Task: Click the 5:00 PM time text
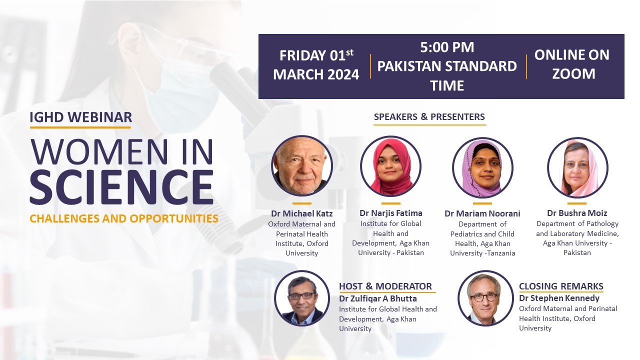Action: (447, 47)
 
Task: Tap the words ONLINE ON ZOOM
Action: (572, 64)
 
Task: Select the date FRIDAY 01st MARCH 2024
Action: (316, 65)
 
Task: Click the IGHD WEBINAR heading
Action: (80, 117)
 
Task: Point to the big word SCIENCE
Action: (121, 187)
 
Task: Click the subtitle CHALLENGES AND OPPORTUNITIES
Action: (124, 218)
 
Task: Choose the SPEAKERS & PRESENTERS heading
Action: (429, 117)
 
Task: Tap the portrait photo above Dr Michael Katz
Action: (302, 165)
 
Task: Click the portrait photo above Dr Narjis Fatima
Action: (390, 166)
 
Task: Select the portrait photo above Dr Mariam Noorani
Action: (482, 167)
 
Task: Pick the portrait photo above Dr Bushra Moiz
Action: (577, 167)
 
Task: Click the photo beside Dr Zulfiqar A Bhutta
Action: (302, 298)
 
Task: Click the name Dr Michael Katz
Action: (301, 213)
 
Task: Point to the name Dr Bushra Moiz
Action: (577, 213)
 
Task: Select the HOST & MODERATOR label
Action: (385, 286)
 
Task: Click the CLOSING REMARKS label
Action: (561, 286)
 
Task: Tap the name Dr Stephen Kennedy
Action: (559, 298)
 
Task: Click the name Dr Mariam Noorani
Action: (482, 213)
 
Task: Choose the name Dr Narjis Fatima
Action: (390, 213)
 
